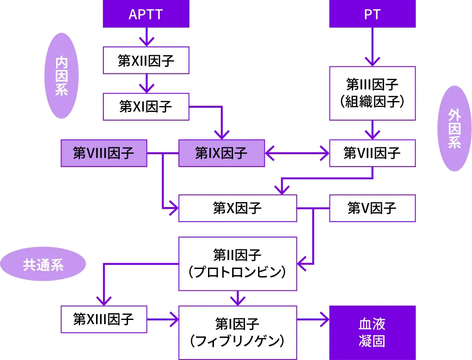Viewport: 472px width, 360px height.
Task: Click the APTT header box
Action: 146,14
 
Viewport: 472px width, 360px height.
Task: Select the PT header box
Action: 372,14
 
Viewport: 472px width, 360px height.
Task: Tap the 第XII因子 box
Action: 146,61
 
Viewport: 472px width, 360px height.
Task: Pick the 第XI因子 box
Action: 146,106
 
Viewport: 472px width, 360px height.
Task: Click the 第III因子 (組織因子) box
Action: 372,93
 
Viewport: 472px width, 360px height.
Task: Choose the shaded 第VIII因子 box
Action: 104,153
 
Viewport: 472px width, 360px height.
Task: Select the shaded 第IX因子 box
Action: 221,153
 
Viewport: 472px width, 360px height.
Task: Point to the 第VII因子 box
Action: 372,153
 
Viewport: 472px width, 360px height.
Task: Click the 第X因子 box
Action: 237,208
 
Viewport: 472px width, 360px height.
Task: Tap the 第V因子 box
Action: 372,208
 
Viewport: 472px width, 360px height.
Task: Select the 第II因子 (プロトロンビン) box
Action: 237,264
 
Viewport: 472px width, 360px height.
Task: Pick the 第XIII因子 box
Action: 104,319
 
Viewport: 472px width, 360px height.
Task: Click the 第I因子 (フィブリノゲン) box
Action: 237,333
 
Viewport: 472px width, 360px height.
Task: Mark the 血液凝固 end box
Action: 372,333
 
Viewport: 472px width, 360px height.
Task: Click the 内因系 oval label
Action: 61,76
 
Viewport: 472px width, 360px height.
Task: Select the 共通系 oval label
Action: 43,265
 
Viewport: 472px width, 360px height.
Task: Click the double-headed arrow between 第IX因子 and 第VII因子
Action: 297,153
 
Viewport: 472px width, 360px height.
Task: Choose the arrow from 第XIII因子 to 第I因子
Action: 162,319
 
